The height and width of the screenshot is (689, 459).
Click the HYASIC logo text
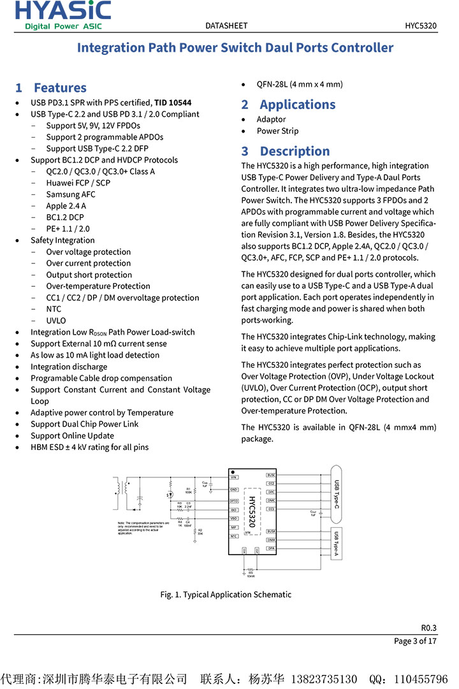[x=63, y=11]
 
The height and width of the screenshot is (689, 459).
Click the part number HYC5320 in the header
[x=421, y=26]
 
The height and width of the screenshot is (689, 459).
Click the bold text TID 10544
[x=173, y=103]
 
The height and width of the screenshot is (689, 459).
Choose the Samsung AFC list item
[x=71, y=194]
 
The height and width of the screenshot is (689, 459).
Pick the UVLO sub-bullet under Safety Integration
[x=56, y=321]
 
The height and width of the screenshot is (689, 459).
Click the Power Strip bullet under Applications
[x=277, y=131]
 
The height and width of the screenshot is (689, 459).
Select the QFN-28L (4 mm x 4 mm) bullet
[x=300, y=84]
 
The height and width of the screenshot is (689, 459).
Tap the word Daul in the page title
[x=282, y=48]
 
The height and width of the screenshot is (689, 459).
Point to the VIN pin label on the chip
[x=234, y=477]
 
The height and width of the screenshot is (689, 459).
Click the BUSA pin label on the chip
[x=271, y=531]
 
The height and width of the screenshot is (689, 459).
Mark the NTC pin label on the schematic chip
[x=234, y=537]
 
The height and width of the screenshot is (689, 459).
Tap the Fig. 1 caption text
[x=226, y=595]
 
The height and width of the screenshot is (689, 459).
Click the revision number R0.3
[x=428, y=627]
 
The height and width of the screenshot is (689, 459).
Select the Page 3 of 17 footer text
[x=415, y=641]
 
